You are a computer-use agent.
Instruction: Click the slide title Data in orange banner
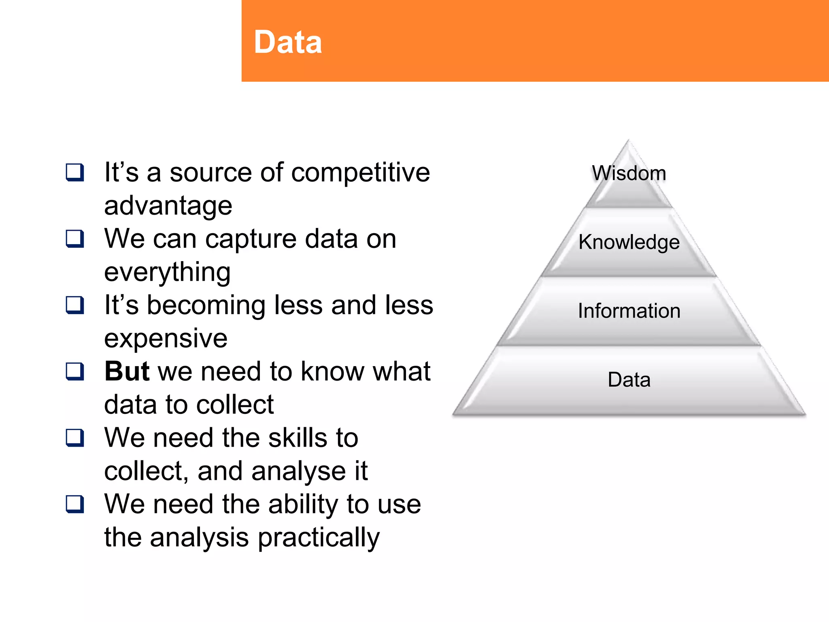288,42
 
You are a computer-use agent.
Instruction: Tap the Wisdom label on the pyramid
629,173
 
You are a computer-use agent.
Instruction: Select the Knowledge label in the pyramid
629,242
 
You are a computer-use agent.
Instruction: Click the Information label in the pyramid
629,311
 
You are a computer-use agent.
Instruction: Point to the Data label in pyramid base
629,380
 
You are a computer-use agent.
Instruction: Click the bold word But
127,371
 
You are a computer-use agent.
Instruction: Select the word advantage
168,206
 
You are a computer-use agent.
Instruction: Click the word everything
167,272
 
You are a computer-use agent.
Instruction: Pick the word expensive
166,339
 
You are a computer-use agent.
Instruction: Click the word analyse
298,471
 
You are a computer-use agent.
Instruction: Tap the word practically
319,538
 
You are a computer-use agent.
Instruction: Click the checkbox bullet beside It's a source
75,173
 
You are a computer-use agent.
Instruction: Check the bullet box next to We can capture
75,239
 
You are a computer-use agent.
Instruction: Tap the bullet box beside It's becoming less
75,305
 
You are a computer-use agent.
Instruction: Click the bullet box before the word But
75,371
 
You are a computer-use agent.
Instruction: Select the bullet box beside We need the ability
75,504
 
